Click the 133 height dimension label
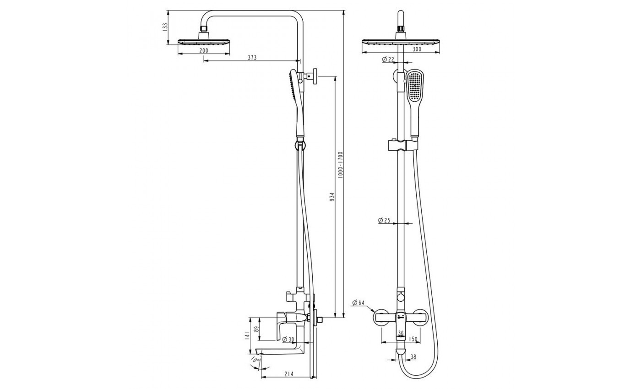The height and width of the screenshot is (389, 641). click(x=165, y=27)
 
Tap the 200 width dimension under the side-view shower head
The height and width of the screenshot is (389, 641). click(x=203, y=51)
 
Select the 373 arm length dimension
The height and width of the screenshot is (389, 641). click(x=252, y=58)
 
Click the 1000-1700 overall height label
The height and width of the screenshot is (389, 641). click(x=340, y=165)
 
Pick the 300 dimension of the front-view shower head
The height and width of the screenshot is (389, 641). click(x=417, y=49)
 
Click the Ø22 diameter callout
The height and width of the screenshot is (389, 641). click(x=388, y=59)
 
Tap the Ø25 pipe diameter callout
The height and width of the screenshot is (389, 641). click(x=384, y=220)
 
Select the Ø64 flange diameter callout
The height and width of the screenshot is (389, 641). click(x=358, y=303)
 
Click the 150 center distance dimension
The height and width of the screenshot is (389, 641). click(x=413, y=339)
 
